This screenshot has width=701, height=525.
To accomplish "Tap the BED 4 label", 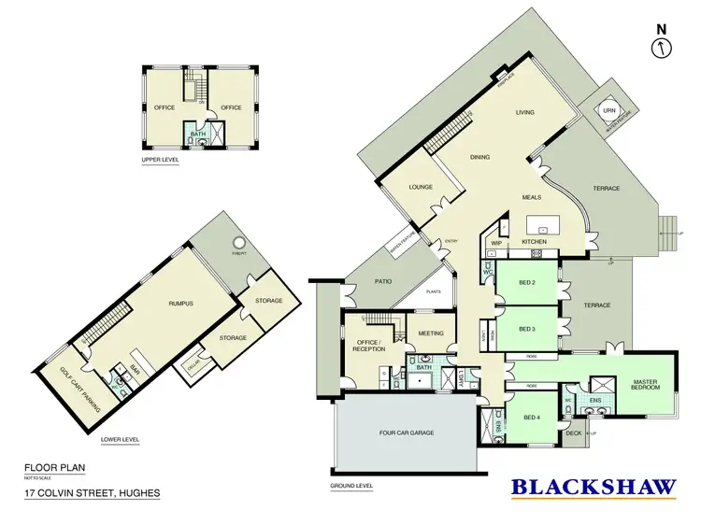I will tap(530, 417).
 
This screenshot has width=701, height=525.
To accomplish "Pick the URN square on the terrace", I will tap(609, 110).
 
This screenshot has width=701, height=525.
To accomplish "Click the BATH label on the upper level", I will tap(197, 134).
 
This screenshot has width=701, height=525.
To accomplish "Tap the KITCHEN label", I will tap(534, 242).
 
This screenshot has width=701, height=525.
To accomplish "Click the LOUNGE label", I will tap(421, 187).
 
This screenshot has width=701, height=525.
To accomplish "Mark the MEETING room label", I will tap(431, 333).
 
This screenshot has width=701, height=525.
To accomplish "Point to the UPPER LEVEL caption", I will tap(160, 160).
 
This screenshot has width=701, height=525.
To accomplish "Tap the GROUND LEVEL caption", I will tap(352, 486).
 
